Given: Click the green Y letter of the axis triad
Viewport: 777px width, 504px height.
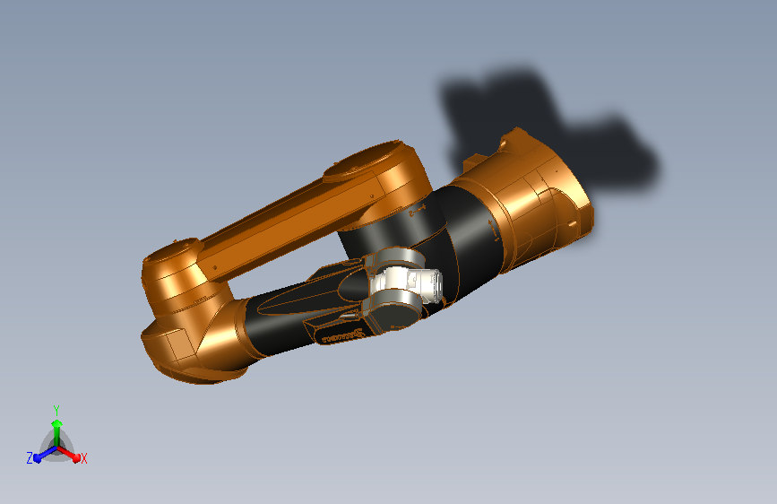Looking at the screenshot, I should pyautogui.click(x=56, y=408).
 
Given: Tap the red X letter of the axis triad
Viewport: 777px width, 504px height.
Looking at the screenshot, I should pyautogui.click(x=84, y=459).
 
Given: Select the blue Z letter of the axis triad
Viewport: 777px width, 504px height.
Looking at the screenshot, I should pyautogui.click(x=30, y=458).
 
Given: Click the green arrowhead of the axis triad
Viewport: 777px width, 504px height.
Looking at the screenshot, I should pyautogui.click(x=56, y=422).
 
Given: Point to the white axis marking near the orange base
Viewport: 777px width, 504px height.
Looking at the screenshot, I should pyautogui.click(x=496, y=231).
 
